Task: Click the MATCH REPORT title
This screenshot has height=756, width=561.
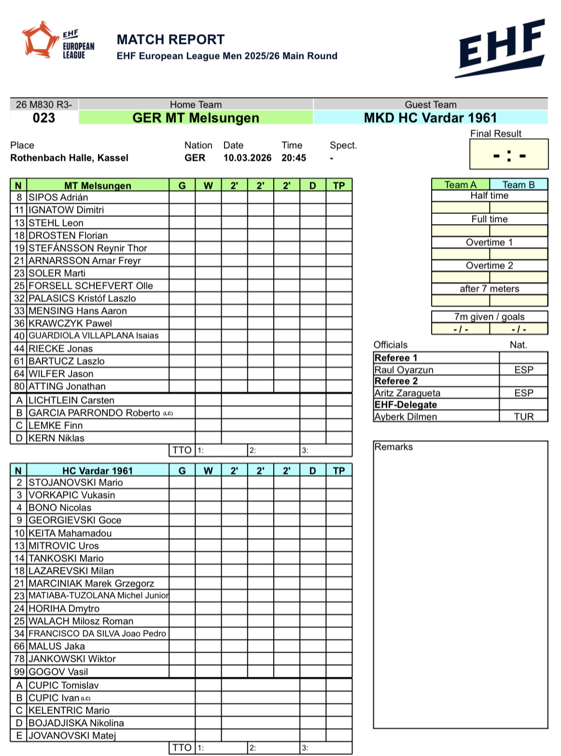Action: point(170,40)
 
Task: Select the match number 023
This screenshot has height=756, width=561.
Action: point(44,118)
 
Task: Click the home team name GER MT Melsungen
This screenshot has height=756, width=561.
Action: point(196,118)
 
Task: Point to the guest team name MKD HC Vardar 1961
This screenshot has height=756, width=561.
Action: point(430,118)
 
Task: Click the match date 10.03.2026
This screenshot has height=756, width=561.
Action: point(247,158)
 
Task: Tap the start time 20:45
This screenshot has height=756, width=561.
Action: point(294,158)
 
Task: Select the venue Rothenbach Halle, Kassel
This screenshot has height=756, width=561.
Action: point(70,158)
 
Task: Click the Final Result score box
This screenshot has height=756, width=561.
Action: point(509,155)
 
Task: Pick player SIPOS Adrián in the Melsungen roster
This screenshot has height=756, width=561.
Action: point(58,197)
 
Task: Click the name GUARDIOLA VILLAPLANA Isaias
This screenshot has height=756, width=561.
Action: point(94,336)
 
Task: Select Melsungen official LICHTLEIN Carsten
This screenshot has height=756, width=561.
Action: point(71,400)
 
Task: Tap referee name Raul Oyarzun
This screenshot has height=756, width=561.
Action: point(404,370)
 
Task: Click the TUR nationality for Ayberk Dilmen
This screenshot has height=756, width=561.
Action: point(523,417)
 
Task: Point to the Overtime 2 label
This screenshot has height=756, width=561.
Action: point(489,266)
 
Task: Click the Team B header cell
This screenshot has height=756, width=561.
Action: point(518,185)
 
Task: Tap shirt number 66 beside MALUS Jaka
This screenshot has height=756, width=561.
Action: point(19,646)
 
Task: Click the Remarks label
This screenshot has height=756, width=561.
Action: point(393,447)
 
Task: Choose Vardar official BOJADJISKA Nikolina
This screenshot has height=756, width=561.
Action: point(76,723)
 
